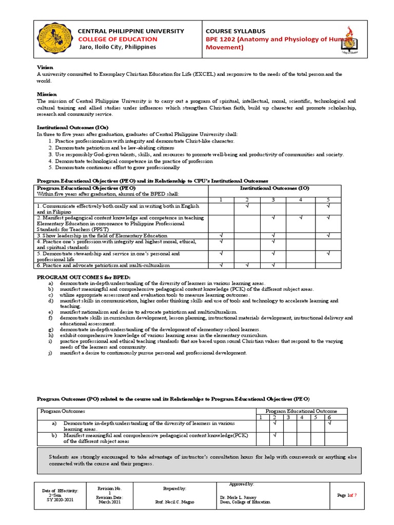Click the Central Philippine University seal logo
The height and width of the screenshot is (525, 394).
[x=53, y=39]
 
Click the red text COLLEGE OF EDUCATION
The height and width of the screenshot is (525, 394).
[x=117, y=39]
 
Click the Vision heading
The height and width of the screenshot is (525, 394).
[x=45, y=68]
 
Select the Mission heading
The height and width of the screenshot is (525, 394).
[x=47, y=94]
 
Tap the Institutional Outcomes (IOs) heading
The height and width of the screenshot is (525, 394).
[x=72, y=127]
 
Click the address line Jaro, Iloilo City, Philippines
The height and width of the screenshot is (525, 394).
[x=117, y=47]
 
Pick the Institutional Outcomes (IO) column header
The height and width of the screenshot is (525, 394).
[x=272, y=188]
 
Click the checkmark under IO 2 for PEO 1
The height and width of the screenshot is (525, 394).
[x=247, y=206]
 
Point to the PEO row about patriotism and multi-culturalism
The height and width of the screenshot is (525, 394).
[x=103, y=265]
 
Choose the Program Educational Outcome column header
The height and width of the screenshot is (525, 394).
[x=301, y=411]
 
